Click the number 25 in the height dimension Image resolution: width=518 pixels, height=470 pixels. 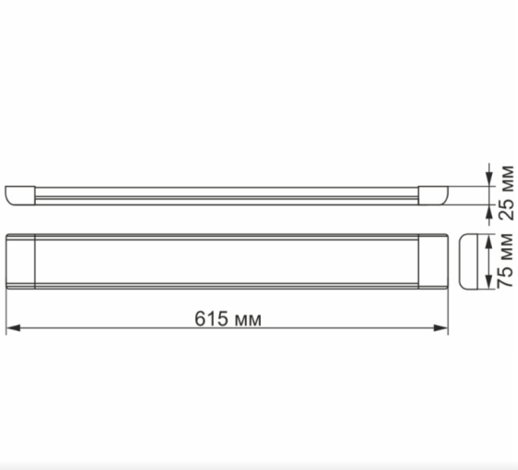tap(505, 208)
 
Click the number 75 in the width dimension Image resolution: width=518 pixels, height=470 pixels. tap(505, 275)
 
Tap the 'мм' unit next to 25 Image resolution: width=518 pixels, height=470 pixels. tap(505, 176)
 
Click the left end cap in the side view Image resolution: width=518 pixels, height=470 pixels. tap(19, 194)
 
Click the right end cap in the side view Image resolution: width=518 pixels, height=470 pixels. tap(433, 194)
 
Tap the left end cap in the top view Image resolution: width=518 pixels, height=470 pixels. tap(20, 261)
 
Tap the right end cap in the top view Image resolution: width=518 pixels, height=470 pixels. tap(431, 261)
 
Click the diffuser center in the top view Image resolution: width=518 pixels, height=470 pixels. tap(226, 261)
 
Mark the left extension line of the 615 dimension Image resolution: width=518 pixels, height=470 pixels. tap(6, 310)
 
